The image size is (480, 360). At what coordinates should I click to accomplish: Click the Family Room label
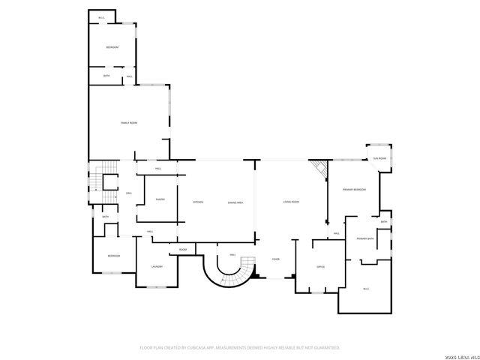(x=129, y=122)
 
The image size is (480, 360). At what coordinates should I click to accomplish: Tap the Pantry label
(x=160, y=199)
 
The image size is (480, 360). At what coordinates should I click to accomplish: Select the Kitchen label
(x=198, y=202)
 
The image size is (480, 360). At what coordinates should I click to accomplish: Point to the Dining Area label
(x=236, y=202)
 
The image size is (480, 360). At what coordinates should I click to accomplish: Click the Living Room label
(x=291, y=202)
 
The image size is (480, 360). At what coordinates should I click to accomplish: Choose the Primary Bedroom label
(x=354, y=190)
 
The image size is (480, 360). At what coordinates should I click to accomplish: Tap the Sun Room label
(x=381, y=158)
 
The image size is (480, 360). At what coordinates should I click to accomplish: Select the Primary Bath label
(x=365, y=238)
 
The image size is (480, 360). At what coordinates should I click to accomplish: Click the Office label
(x=320, y=266)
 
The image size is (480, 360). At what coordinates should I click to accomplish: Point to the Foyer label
(x=276, y=259)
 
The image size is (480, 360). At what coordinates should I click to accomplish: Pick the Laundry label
(x=157, y=266)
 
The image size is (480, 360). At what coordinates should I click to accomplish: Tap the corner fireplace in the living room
(x=321, y=171)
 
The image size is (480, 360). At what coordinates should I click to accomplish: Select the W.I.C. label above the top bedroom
(x=101, y=16)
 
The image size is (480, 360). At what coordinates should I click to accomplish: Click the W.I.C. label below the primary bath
(x=366, y=289)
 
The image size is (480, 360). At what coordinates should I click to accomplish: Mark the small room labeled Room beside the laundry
(x=183, y=249)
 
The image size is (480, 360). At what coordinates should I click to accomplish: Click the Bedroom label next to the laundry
(x=113, y=256)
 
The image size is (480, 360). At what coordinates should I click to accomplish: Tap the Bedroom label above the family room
(x=112, y=47)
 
